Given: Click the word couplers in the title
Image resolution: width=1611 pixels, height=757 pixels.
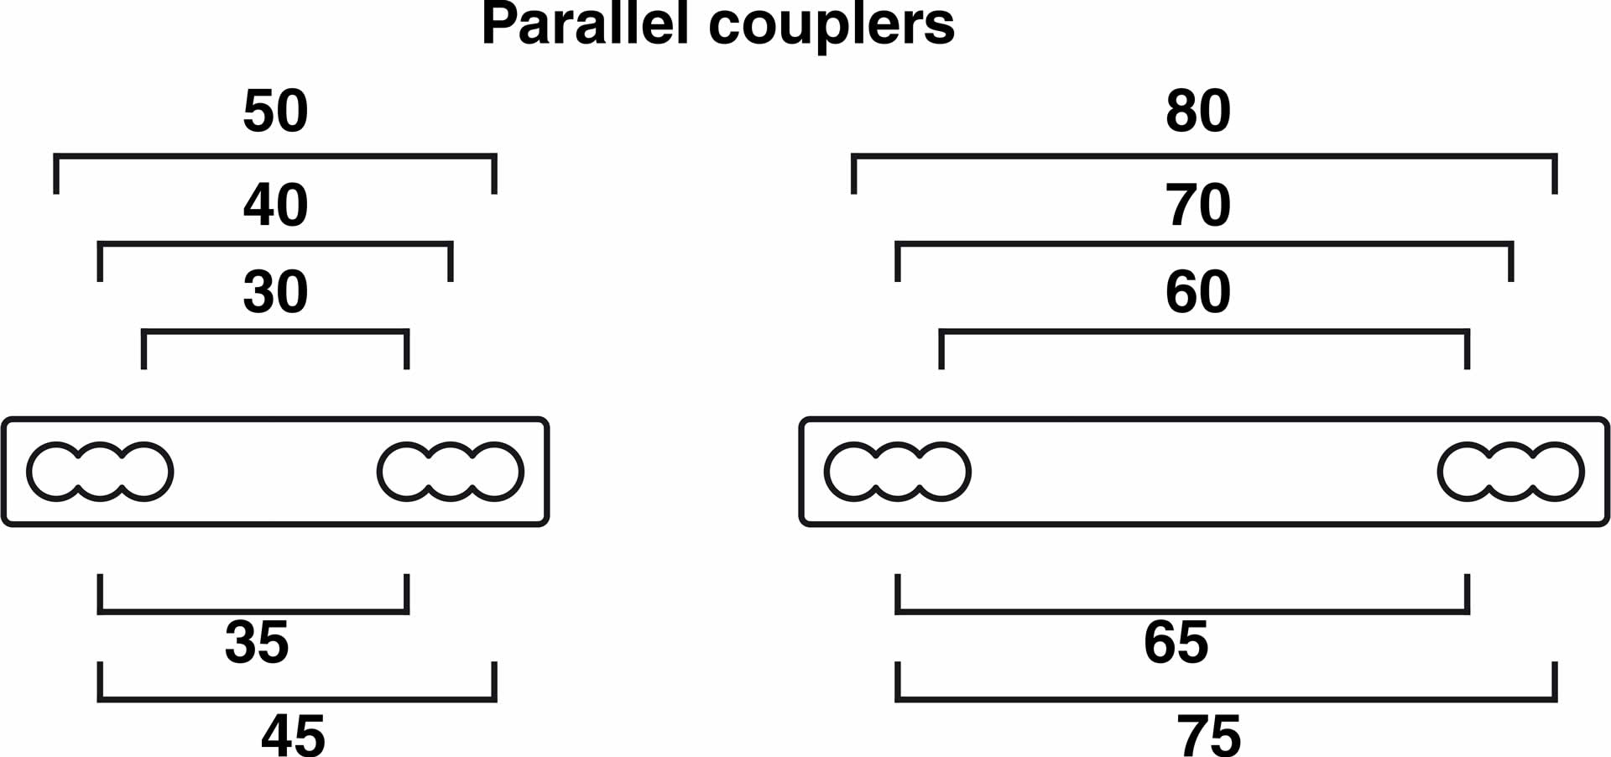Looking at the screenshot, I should pos(831,27).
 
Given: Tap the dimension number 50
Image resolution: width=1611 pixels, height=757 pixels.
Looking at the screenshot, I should pos(275,111).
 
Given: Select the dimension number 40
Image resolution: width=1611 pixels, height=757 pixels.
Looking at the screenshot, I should pos(275,205).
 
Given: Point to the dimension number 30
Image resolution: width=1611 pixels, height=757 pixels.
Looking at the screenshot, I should pos(275,292).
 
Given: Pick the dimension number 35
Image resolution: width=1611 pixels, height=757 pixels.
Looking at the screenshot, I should pos(257,643).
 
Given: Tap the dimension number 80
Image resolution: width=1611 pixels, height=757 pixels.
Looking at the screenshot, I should pos(1198,111).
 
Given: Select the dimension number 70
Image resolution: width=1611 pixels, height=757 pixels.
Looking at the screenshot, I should pos(1198,205).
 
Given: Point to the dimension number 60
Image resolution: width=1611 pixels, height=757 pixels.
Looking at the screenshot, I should pos(1198,292).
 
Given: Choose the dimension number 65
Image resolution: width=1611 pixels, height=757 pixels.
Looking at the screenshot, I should pos(1176,643).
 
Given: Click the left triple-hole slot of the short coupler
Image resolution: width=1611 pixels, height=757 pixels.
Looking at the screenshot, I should pos(100,472).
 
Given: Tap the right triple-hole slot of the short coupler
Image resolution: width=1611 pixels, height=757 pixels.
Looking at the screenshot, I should pos(451,472).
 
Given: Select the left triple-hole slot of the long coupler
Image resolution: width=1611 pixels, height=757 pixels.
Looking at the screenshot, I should pos(897,472).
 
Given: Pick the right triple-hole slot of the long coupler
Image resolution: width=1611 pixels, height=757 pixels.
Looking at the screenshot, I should pos(1511,472).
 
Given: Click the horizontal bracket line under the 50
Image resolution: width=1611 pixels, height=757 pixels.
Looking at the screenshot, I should pos(275,156).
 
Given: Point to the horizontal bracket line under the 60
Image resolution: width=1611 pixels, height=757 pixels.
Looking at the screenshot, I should pos(1204,332).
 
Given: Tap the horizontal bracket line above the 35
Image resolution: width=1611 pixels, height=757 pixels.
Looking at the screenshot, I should pos(253,612).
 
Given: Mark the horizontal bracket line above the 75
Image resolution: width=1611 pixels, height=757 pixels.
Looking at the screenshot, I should pos(1226,699).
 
